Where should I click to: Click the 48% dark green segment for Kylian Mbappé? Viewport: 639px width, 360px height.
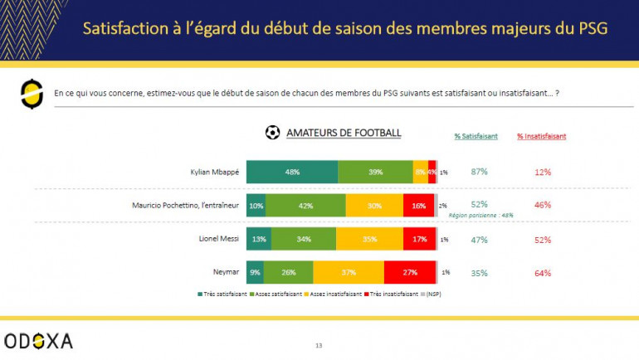[292, 172]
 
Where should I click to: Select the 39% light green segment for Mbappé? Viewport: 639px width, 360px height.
[375, 172]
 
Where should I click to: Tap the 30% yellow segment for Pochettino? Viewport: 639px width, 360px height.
[374, 205]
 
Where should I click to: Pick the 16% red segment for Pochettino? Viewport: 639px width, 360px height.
[419, 205]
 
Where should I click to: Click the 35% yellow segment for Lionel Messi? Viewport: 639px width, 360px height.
[370, 239]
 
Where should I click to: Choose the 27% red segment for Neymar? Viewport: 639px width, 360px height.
[410, 272]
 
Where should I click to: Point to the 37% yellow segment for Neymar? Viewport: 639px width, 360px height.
[349, 272]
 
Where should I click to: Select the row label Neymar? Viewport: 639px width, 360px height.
[225, 272]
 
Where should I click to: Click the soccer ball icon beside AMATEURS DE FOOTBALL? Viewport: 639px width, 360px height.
[272, 133]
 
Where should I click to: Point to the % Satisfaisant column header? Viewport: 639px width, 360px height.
[476, 136]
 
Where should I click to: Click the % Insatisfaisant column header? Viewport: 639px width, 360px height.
[542, 136]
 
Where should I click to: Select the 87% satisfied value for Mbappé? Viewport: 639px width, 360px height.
[479, 172]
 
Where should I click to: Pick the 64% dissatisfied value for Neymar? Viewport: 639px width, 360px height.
[544, 272]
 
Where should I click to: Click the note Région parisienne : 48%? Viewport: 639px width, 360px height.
[480, 215]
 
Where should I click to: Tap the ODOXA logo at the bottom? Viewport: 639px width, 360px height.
[38, 340]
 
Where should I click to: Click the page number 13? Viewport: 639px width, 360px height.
[319, 345]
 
